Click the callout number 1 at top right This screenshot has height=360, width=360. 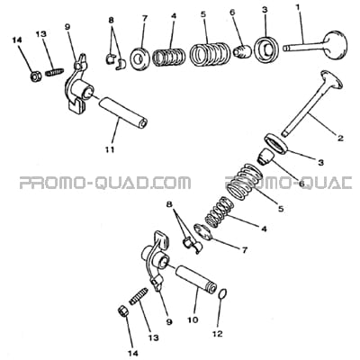click(298, 7)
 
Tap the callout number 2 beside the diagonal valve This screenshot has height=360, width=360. click(340, 139)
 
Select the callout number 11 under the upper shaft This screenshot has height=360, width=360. click(110, 149)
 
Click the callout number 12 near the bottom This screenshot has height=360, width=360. click(218, 333)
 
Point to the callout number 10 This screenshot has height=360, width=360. click(193, 319)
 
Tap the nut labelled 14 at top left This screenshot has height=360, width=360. click(36, 77)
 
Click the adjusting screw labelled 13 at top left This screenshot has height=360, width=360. click(54, 72)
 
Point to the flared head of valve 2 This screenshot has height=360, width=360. click(332, 79)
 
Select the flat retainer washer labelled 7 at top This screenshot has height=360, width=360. click(139, 58)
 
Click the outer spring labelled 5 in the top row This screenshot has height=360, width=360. click(210, 54)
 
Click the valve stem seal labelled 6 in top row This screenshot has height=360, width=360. click(242, 51)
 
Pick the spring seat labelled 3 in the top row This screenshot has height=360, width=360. click(267, 49)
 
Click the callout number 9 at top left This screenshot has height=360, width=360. click(67, 27)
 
